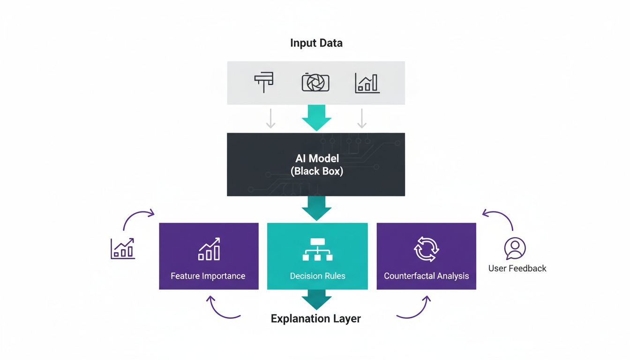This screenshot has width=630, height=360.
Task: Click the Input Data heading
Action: tap(316, 43)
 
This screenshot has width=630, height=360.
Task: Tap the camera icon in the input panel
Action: tap(315, 82)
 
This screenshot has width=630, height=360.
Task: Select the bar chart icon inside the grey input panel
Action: tap(367, 83)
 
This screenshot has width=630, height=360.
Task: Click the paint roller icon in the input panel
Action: tap(264, 82)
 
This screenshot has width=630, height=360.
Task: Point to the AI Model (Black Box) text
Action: tap(317, 165)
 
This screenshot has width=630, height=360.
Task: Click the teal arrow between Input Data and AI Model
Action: tap(316, 118)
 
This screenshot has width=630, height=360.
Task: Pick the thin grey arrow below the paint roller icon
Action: tap(270, 119)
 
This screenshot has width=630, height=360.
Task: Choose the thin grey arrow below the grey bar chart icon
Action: tap(361, 119)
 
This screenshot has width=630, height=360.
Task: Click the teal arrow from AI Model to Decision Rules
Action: tap(316, 208)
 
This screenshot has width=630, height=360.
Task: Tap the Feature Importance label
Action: tap(208, 276)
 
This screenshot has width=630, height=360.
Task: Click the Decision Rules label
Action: tap(317, 276)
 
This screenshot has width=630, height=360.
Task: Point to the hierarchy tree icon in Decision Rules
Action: tap(317, 249)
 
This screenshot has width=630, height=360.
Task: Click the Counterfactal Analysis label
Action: tap(426, 276)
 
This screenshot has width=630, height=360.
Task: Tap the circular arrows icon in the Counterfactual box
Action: tap(426, 249)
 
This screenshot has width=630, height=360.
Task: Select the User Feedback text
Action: tap(517, 269)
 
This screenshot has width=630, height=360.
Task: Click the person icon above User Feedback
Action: tap(515, 248)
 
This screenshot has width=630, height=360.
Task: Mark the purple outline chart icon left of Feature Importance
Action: tap(123, 248)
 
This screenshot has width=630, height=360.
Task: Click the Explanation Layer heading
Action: tap(316, 319)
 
